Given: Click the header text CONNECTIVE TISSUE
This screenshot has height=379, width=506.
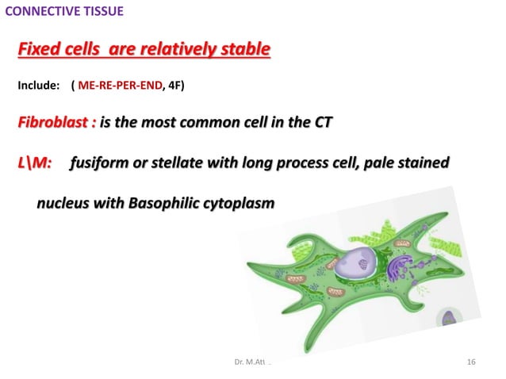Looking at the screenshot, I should tap(64, 12).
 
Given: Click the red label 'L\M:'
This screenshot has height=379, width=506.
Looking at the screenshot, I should tap(35, 163).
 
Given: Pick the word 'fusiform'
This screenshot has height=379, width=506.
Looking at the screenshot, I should tap(99, 163).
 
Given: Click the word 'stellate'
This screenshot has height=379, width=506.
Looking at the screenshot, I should tap(175, 163).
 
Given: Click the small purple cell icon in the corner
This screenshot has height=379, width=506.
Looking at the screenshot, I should tap(449, 320).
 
